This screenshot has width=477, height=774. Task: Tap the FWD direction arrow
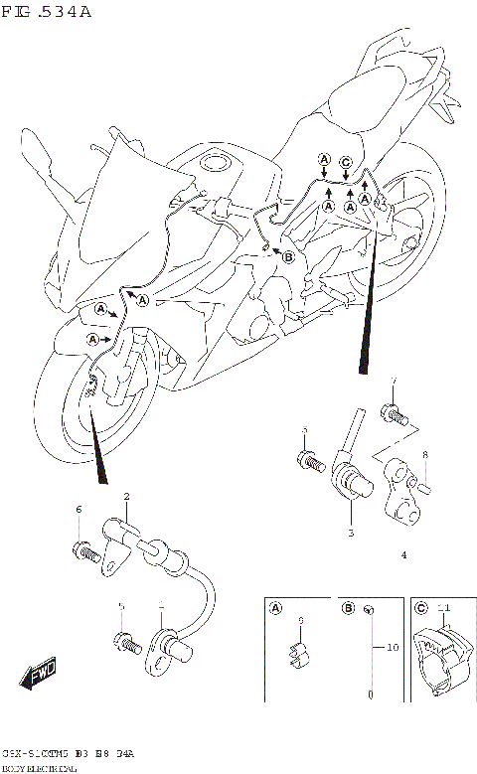pyautogui.click(x=40, y=675)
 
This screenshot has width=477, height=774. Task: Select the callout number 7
pyautogui.click(x=394, y=383)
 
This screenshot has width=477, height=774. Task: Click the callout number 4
pyautogui.click(x=404, y=555)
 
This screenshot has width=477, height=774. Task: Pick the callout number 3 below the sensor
pyautogui.click(x=350, y=534)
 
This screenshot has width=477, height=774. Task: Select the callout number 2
pyautogui.click(x=127, y=496)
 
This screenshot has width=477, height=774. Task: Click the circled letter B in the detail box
pyautogui.click(x=349, y=608)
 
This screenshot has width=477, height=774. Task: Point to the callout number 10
pyautogui.click(x=392, y=647)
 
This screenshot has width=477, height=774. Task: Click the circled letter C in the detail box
pyautogui.click(x=421, y=608)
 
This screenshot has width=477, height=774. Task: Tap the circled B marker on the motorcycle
pyautogui.click(x=289, y=256)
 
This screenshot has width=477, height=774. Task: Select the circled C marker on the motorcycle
pyautogui.click(x=345, y=163)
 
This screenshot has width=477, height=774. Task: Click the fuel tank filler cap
pyautogui.click(x=216, y=165)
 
